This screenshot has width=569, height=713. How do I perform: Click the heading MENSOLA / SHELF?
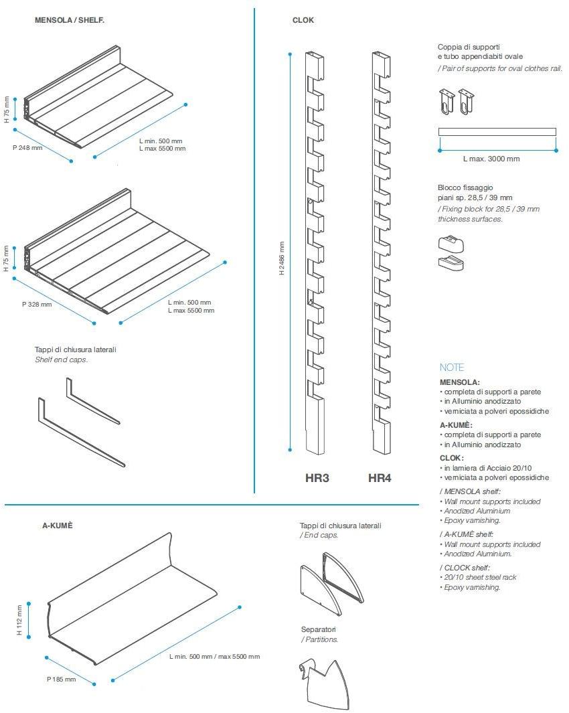(70, 20)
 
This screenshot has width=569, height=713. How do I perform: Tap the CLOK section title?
(303, 20)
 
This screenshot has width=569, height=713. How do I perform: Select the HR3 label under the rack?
(317, 478)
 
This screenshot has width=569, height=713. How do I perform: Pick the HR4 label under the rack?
(380, 478)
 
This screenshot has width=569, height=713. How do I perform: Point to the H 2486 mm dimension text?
(282, 258)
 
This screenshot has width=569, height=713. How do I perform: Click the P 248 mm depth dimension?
(27, 147)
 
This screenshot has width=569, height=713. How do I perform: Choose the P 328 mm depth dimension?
(37, 304)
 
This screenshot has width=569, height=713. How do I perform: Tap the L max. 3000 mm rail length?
(491, 159)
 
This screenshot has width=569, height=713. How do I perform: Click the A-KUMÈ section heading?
(57, 526)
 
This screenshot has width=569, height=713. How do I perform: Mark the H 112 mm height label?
(20, 620)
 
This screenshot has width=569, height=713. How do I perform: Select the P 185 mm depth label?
(61, 679)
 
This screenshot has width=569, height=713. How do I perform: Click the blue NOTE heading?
(451, 367)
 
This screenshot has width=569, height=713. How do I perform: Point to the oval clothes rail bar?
(497, 131)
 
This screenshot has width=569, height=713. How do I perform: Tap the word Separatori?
(319, 629)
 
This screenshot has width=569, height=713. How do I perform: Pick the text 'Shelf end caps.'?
(62, 360)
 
